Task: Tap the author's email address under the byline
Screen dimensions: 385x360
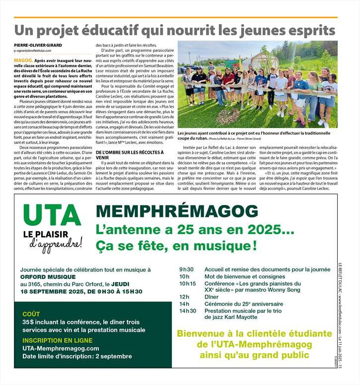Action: click(38, 51)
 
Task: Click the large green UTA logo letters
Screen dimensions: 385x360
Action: click(52, 215)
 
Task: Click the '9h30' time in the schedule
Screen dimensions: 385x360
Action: click(187, 269)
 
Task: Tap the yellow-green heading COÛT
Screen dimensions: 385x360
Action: click(31, 314)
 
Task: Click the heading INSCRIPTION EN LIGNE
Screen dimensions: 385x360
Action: click(57, 341)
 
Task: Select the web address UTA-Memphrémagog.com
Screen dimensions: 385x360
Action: click(61, 349)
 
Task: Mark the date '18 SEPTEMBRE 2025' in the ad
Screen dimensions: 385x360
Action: click(51, 292)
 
